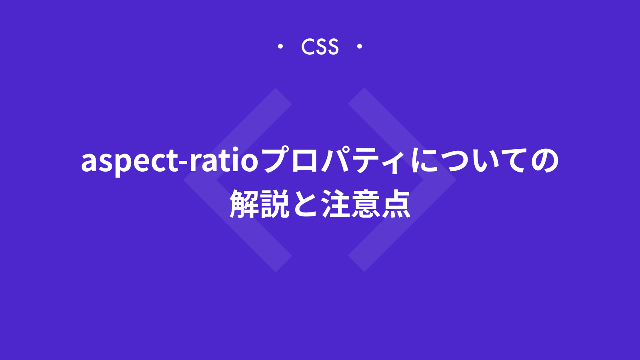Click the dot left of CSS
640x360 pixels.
(280, 46)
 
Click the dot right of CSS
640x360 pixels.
(360, 46)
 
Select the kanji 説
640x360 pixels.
(274, 204)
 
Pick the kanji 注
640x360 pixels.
(336, 204)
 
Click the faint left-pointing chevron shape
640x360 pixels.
(200, 180)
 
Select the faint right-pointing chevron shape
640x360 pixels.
(440, 180)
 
